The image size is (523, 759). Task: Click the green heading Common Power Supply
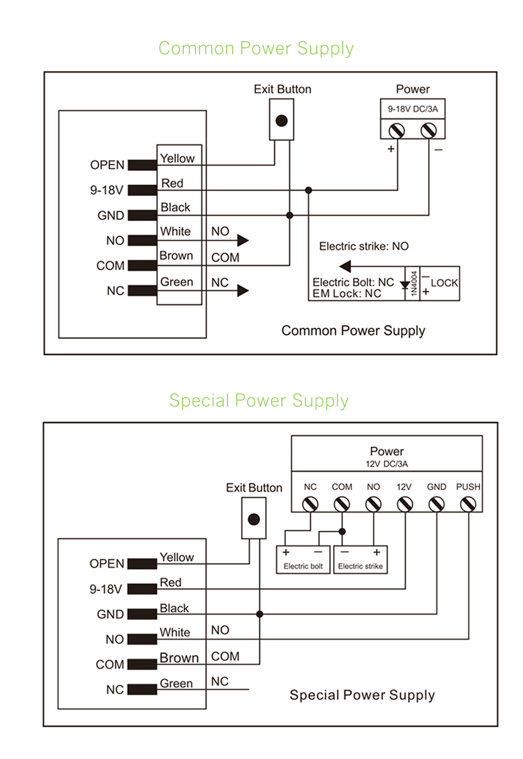(x=256, y=48)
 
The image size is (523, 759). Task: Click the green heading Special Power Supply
(x=259, y=400)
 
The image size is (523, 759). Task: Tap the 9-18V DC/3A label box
(x=412, y=110)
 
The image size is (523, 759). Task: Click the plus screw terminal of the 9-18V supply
(x=397, y=130)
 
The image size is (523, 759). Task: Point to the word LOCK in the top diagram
(x=444, y=283)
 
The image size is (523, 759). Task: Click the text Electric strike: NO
(x=363, y=246)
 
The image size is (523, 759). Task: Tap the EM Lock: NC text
(x=347, y=294)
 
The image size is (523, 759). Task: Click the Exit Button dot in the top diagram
(x=282, y=121)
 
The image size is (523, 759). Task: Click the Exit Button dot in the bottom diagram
(x=254, y=519)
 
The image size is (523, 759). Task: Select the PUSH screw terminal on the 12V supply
(x=468, y=504)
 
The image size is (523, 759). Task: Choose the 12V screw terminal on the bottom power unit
(x=404, y=504)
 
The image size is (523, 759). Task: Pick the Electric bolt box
(x=303, y=559)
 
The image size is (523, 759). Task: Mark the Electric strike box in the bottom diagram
(x=361, y=559)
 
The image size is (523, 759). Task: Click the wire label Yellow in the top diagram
(x=178, y=158)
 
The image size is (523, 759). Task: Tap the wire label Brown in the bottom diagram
(x=179, y=658)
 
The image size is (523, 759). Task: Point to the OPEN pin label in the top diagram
(x=107, y=165)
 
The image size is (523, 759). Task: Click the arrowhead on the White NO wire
(x=242, y=241)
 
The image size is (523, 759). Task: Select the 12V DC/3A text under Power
(x=387, y=463)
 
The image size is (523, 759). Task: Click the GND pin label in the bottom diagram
(x=110, y=615)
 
